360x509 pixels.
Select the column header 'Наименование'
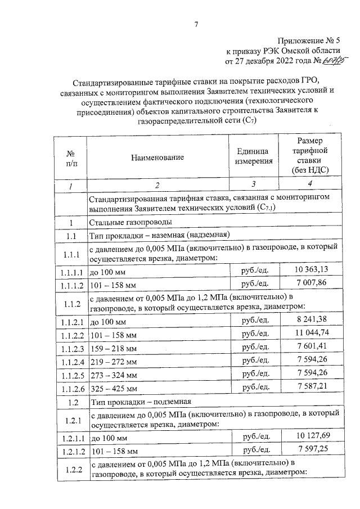tap(157, 158)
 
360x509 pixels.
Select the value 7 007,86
tap(311, 282)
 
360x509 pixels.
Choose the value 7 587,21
tap(311, 388)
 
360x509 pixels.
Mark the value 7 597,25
tap(311, 450)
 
